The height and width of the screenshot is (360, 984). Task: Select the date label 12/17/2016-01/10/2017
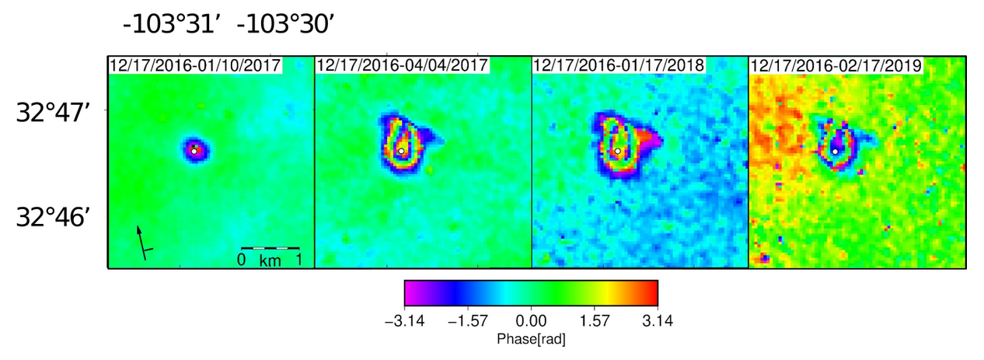click(x=195, y=65)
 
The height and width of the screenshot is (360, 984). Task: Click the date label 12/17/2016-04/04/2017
click(x=403, y=65)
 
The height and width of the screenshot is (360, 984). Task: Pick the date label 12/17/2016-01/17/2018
click(x=619, y=65)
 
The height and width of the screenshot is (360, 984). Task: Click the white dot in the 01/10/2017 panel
click(x=194, y=151)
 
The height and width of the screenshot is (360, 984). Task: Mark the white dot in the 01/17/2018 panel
click(x=617, y=151)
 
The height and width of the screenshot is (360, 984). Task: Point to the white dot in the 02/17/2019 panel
click(x=834, y=152)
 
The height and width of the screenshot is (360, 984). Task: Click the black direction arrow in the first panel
click(x=141, y=241)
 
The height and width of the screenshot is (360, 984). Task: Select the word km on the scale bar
click(x=270, y=260)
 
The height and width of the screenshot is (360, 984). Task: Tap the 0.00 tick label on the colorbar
click(x=531, y=320)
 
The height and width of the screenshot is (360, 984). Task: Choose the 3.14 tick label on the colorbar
click(x=658, y=320)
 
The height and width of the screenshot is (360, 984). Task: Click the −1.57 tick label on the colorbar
click(x=467, y=320)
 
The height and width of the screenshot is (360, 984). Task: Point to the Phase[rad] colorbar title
click(x=531, y=340)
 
